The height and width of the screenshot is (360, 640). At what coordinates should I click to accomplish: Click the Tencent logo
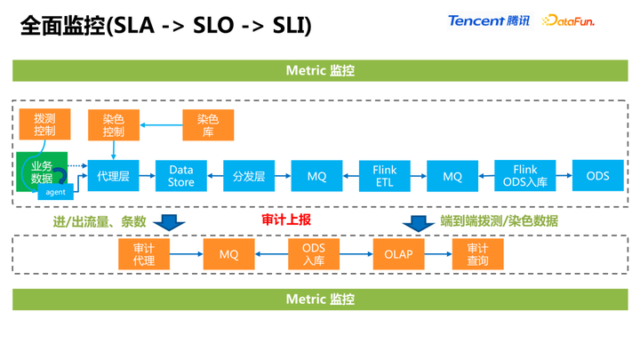pos(488,20)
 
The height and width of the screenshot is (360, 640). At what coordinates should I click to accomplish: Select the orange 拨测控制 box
pos(44,124)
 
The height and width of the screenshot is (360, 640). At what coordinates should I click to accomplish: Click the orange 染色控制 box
pos(114,124)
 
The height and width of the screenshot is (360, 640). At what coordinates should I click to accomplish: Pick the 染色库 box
pos(207,124)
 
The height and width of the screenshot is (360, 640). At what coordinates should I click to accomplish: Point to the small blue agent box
pos(55,192)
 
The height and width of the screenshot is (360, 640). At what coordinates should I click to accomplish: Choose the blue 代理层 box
pos(114,176)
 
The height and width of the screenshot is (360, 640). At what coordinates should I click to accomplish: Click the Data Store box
pos(181,176)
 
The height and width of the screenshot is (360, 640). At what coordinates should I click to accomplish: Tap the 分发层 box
pos(249,176)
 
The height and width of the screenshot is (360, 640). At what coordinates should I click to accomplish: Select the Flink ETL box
pos(385,176)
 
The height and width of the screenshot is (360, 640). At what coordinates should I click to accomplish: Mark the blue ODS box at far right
pos(597,176)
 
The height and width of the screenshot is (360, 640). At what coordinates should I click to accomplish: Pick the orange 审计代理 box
pos(144,254)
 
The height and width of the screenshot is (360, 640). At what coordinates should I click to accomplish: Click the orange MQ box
pos(228,254)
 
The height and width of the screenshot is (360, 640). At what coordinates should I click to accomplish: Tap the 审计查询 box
pos(477,254)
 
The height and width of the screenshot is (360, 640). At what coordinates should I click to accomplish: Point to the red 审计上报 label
pos(285,220)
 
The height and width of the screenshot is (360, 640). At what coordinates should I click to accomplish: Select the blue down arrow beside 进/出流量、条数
pos(168,221)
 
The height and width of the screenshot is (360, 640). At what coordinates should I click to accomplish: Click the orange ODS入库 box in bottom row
pos(314,254)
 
